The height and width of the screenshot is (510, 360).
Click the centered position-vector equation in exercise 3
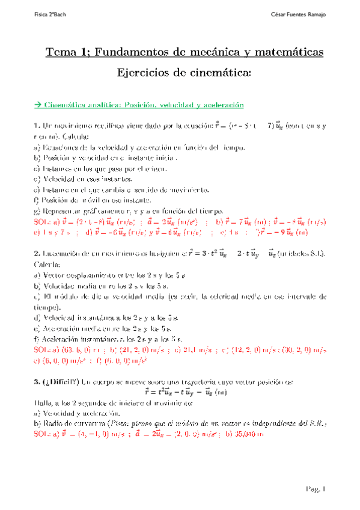tap(180, 392)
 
